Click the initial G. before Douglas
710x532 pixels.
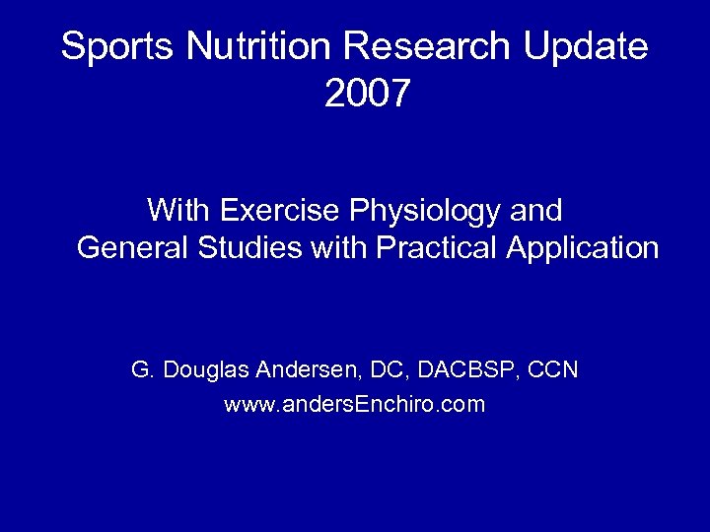point(141,370)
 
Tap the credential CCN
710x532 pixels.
point(554,370)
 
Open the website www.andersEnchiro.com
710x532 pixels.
point(355,404)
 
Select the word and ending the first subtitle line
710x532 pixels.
point(536,210)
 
